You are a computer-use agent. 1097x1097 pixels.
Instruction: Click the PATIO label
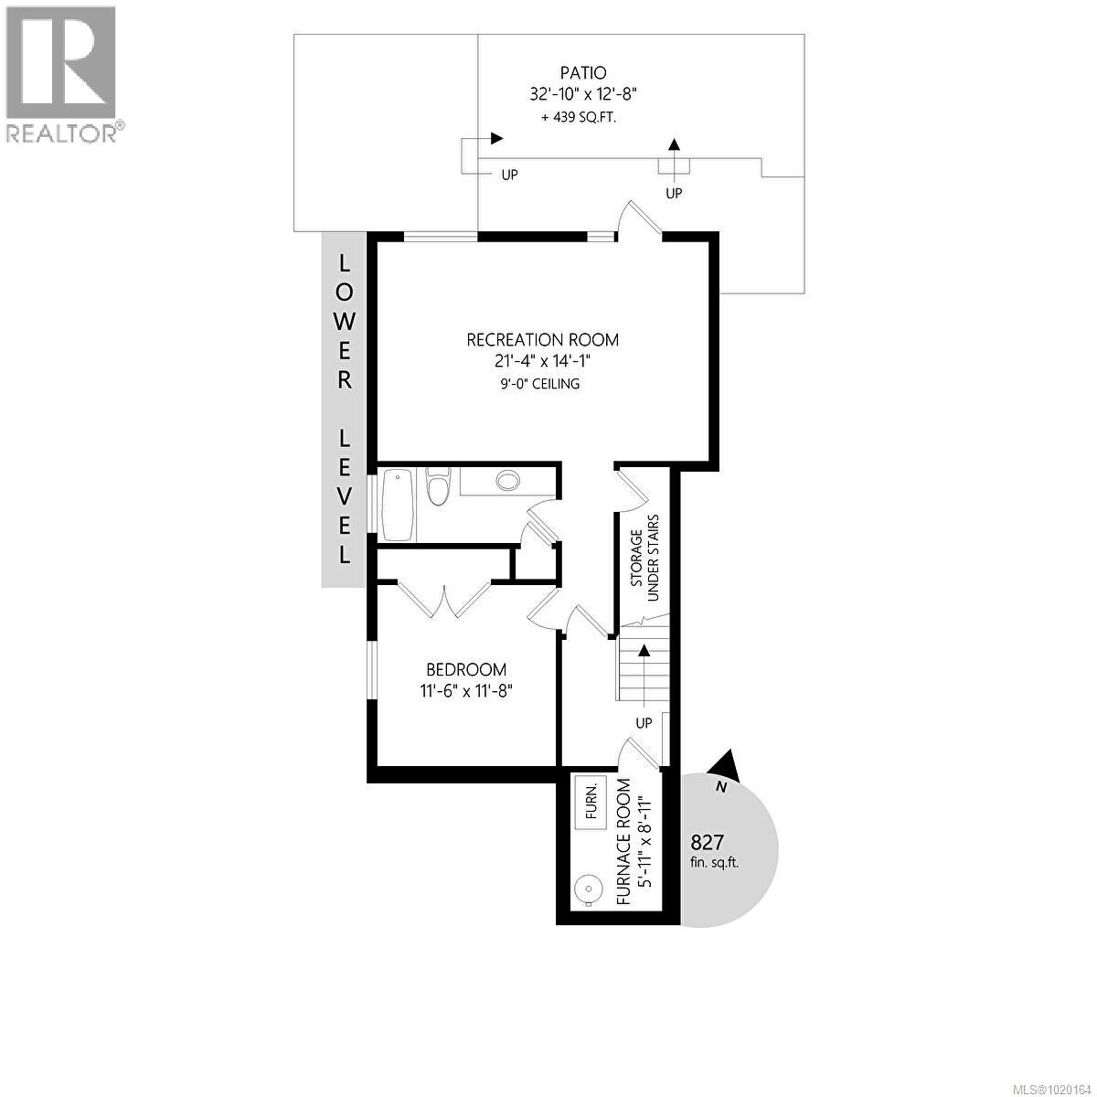582,72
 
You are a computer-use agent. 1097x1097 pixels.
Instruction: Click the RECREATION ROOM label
542,340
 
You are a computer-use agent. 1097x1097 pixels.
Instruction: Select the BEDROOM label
466,670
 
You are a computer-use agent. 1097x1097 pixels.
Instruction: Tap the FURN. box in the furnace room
591,803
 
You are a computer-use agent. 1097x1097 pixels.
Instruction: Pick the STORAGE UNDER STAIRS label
645,558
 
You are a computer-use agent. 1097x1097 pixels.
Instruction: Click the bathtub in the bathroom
399,505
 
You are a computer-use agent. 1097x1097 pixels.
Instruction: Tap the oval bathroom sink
506,480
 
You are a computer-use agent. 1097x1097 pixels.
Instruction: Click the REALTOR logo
61,73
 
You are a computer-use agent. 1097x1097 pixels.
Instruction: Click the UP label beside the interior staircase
644,723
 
